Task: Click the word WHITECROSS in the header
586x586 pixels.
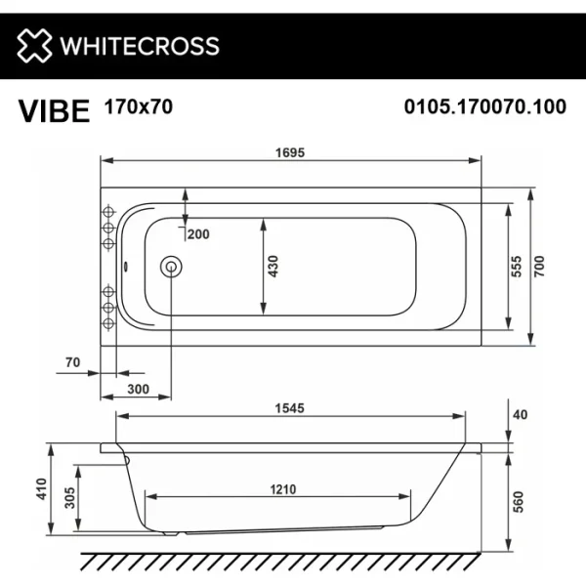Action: coord(139,46)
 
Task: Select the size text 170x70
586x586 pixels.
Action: coord(138,107)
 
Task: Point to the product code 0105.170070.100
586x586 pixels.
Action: coord(484,108)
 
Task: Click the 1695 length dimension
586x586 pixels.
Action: coord(292,152)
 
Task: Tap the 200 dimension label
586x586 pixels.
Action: coord(199,233)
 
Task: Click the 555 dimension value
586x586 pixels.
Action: coord(518,266)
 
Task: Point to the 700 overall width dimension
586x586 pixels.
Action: coord(541,266)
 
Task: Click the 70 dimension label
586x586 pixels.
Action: coord(71,362)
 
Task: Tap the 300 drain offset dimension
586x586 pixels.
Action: coord(138,390)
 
